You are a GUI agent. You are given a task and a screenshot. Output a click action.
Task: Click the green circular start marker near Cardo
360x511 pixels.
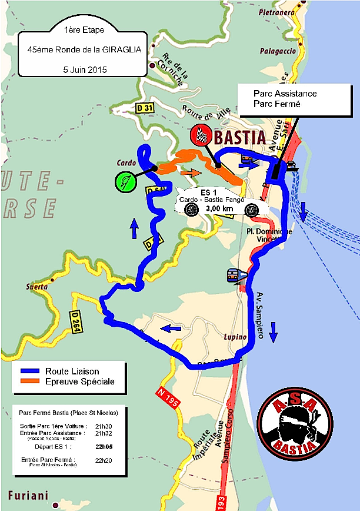(126, 181)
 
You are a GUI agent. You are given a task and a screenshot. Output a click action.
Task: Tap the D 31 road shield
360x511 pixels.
(144, 108)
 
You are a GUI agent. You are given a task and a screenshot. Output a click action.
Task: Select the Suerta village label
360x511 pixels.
(36, 287)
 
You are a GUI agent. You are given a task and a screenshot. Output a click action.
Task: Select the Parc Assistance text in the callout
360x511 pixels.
(285, 93)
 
